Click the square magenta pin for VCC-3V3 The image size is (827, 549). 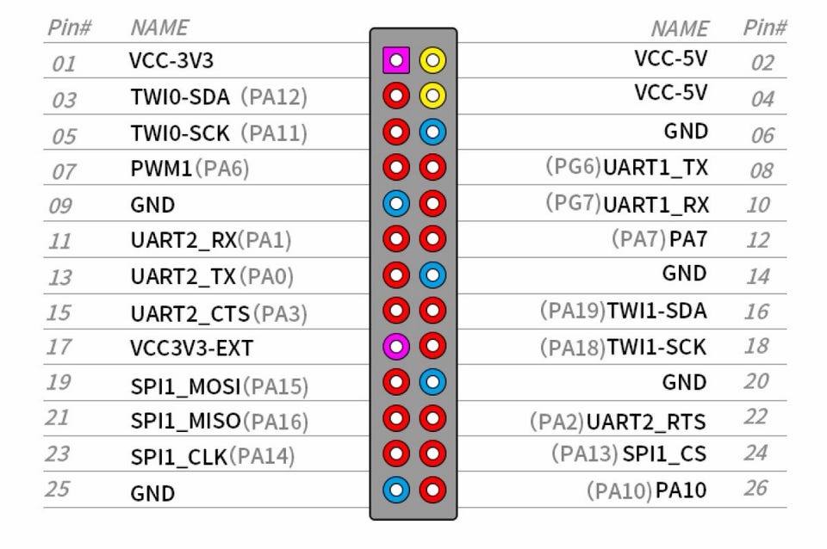(395, 60)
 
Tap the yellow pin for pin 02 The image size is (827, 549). (432, 60)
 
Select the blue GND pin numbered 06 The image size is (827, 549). (432, 132)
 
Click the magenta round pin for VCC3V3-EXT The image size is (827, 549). (395, 346)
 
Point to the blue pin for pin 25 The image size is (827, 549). (395, 490)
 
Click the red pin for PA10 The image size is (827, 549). (432, 490)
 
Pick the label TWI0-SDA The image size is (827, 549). (180, 97)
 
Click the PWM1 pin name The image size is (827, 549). (162, 169)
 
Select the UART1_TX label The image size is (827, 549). (656, 167)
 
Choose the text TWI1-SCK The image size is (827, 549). (656, 347)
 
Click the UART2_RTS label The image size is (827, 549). (646, 421)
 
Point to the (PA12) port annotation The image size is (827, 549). (273, 97)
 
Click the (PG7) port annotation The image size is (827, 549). (573, 203)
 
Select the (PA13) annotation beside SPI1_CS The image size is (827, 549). (585, 453)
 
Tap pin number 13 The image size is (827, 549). (61, 278)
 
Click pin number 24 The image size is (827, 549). (755, 453)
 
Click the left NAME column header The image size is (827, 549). (159, 28)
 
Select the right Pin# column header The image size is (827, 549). (764, 28)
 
